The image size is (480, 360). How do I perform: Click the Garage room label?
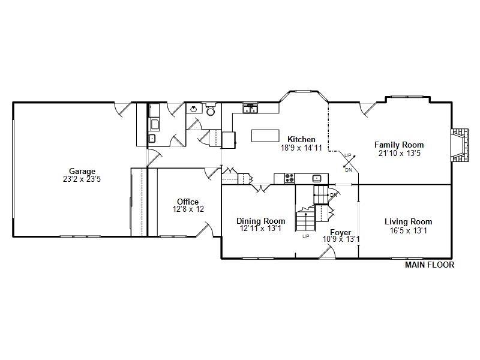(x=82, y=171)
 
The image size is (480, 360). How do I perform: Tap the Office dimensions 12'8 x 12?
(x=188, y=209)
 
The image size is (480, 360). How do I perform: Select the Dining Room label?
(x=261, y=221)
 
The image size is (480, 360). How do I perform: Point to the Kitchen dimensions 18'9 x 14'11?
(x=301, y=148)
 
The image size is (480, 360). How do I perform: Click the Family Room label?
(x=399, y=145)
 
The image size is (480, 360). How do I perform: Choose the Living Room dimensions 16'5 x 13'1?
(x=409, y=230)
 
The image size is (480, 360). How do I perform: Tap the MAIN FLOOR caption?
(x=430, y=265)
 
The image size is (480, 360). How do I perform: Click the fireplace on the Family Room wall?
(x=459, y=145)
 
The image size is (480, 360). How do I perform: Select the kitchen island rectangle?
(x=265, y=136)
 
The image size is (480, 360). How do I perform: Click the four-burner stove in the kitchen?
(x=290, y=178)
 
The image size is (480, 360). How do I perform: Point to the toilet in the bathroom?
(x=211, y=109)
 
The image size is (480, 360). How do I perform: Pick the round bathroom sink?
(x=193, y=109)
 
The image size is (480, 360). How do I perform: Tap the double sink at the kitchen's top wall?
(x=250, y=109)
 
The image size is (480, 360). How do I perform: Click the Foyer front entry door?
(x=327, y=253)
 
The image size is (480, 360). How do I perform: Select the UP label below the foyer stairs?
(x=306, y=236)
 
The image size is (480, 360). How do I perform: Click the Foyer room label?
(x=341, y=233)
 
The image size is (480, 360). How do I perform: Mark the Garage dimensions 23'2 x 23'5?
(x=82, y=179)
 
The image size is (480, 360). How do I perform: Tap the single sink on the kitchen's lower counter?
(x=317, y=178)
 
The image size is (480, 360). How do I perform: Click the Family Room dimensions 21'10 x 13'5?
(x=400, y=153)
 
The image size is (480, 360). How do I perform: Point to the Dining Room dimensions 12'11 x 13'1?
(x=261, y=229)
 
